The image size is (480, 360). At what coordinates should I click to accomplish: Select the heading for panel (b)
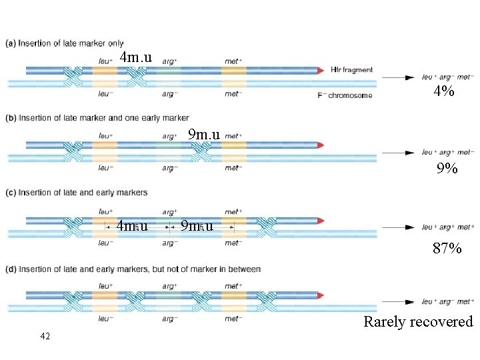click(x=97, y=118)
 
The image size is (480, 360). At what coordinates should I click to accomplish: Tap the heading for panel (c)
click(x=76, y=193)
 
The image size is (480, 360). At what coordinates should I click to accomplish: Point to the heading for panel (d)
click(x=133, y=269)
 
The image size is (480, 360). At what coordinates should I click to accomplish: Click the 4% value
click(x=444, y=92)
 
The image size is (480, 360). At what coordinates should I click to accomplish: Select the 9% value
click(x=447, y=169)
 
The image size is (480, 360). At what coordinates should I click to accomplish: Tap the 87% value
click(x=447, y=249)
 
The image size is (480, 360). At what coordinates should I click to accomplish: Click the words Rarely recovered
click(x=418, y=322)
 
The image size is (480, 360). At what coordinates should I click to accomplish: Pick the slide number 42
click(x=45, y=336)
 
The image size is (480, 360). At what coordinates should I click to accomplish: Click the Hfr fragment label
click(x=352, y=69)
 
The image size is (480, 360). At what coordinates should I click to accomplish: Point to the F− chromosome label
click(x=345, y=95)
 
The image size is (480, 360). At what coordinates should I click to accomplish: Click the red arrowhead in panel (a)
click(x=321, y=69)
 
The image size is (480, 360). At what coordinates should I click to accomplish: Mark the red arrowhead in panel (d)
click(x=321, y=295)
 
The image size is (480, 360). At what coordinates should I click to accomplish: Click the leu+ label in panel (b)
click(x=105, y=136)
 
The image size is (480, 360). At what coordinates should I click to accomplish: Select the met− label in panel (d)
click(x=233, y=319)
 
